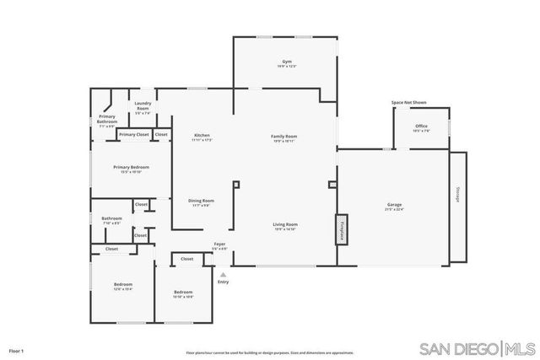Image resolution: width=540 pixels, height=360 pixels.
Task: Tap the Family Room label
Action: coord(283,137)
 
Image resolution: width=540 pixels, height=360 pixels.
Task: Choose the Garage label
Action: coord(394,207)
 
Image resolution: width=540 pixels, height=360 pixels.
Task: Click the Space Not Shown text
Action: coord(408,103)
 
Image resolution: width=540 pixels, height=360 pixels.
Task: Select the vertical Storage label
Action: coord(458,193)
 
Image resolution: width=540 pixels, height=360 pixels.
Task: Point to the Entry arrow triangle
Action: coord(224,274)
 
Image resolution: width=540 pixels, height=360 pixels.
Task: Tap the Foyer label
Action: coord(219,245)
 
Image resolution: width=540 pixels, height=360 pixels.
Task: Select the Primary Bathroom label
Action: coord(107,120)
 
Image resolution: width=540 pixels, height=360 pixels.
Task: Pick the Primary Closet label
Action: coord(133,134)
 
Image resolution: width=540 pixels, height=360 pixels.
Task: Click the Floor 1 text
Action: coord(17,349)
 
